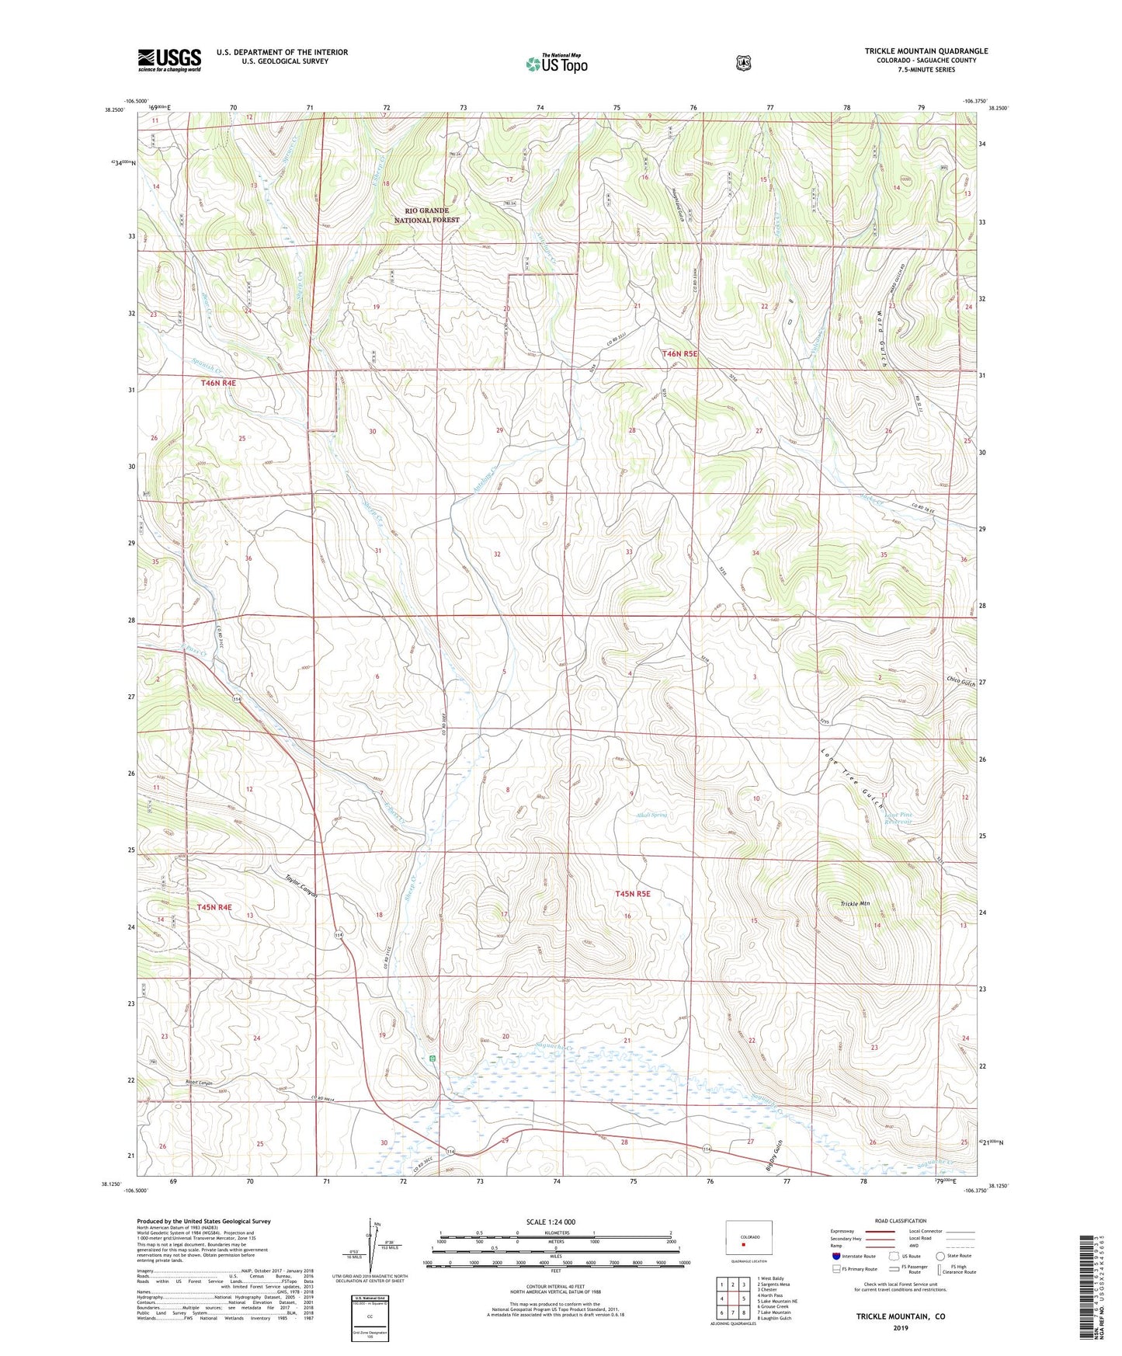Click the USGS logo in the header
pyautogui.click(x=169, y=60)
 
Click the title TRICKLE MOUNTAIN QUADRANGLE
pyautogui.click(x=926, y=51)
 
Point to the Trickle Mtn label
pyautogui.click(x=855, y=904)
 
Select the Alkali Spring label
pyautogui.click(x=651, y=815)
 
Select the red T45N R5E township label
pyautogui.click(x=632, y=894)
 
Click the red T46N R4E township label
pyautogui.click(x=217, y=383)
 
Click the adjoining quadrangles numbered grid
pyautogui.click(x=732, y=1298)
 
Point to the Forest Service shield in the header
pyautogui.click(x=743, y=63)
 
